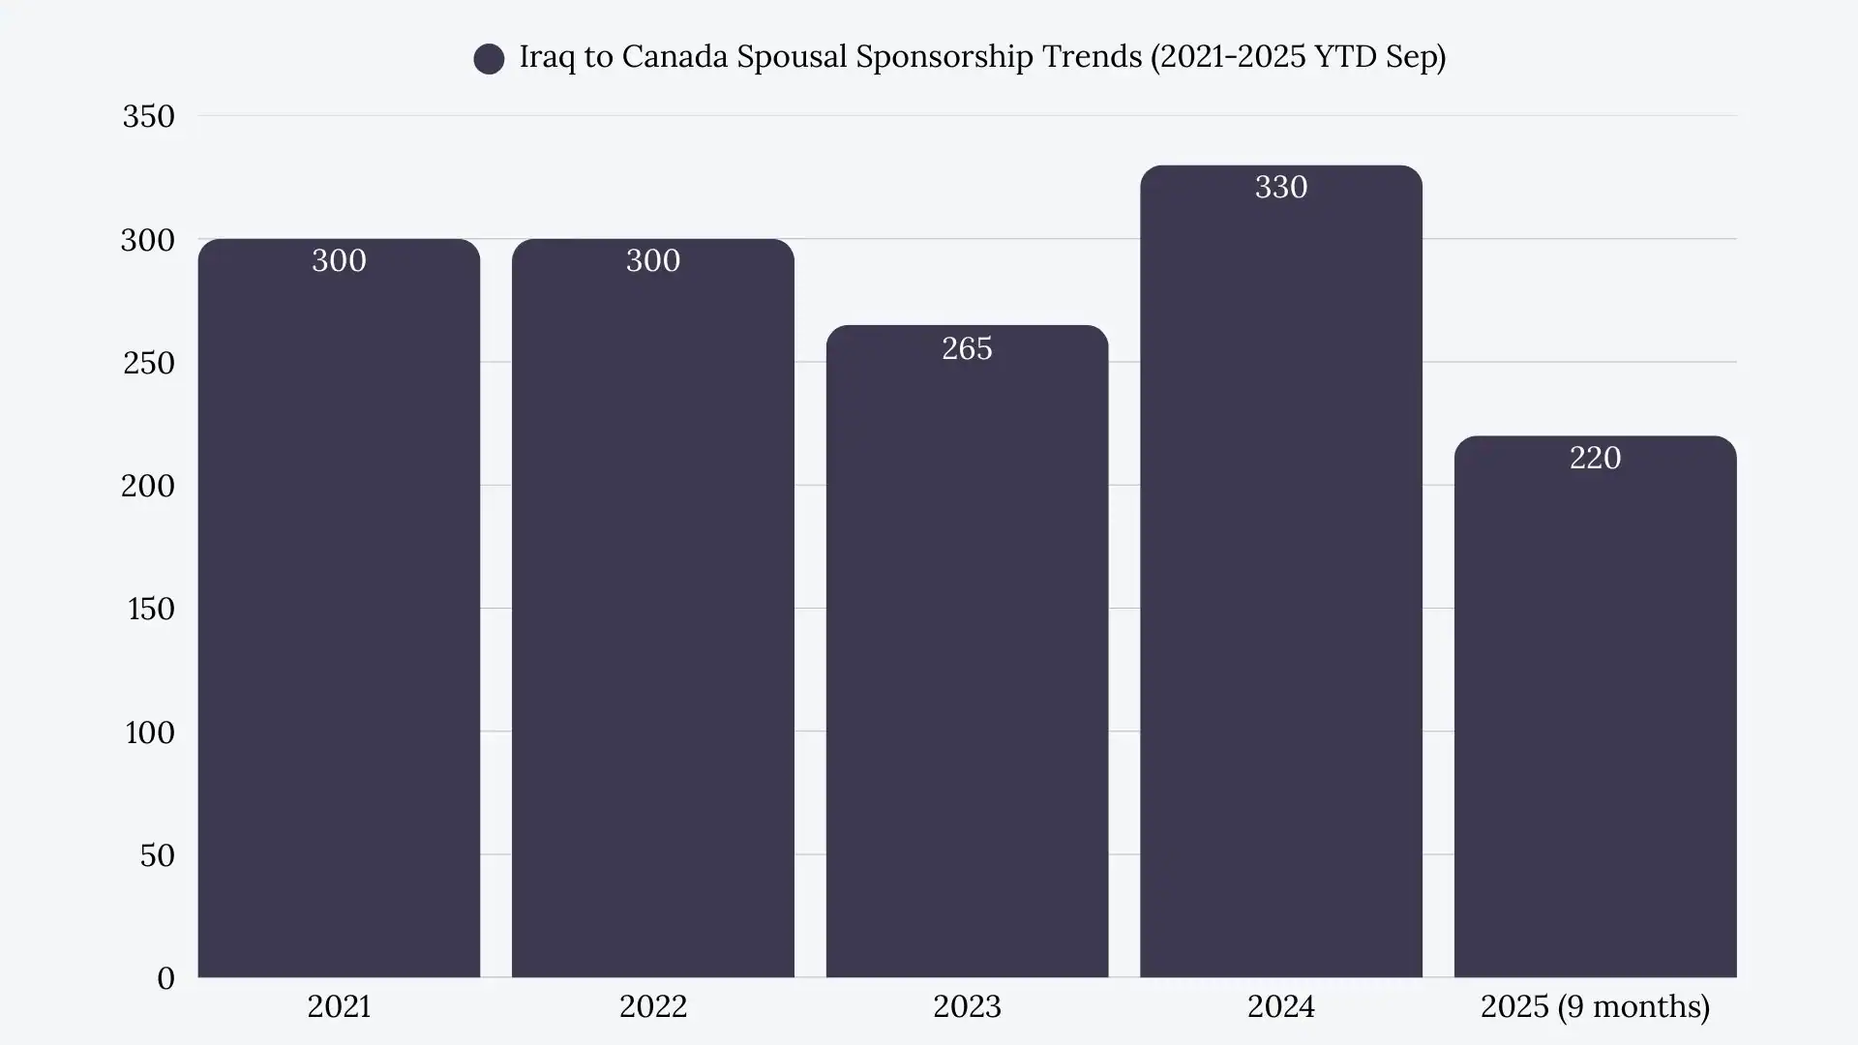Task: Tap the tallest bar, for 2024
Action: (x=1280, y=581)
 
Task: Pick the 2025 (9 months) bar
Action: (x=1595, y=716)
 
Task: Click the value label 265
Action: (x=967, y=348)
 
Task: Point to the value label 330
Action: (x=1280, y=187)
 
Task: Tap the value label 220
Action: (x=1595, y=458)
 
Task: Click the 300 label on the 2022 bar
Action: (x=653, y=260)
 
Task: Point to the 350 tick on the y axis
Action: (x=148, y=117)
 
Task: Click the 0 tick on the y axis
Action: (x=165, y=978)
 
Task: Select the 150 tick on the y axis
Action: (x=151, y=609)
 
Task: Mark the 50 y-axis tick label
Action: (x=157, y=855)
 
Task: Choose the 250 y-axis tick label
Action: (x=148, y=363)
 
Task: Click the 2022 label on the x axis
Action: (x=653, y=1007)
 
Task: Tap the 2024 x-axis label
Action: (x=1280, y=1007)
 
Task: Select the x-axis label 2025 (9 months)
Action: (x=1595, y=1007)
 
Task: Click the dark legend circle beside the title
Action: (x=489, y=59)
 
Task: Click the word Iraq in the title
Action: (x=548, y=57)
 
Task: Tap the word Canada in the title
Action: (x=674, y=57)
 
